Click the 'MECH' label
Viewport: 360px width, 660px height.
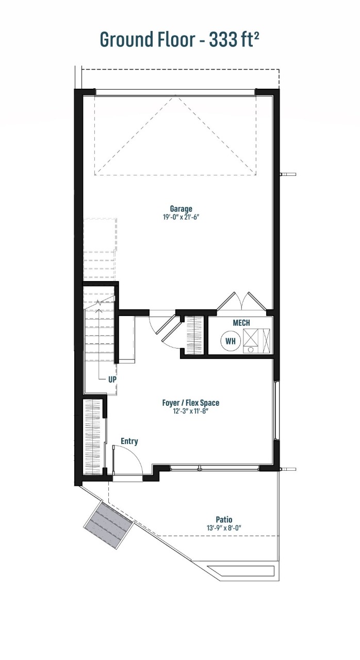click(x=241, y=323)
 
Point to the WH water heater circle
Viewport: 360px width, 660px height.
click(x=230, y=341)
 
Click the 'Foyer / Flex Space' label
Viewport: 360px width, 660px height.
click(x=191, y=403)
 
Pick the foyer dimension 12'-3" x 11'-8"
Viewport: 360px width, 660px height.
click(x=191, y=411)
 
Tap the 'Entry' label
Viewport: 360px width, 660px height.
click(x=129, y=441)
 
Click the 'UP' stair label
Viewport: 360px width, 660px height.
click(x=112, y=379)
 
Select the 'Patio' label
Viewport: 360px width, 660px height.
click(x=224, y=519)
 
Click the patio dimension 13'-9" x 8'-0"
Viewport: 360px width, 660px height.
click(x=224, y=527)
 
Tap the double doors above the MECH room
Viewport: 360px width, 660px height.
click(x=241, y=302)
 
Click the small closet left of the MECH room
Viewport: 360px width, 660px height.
click(x=194, y=335)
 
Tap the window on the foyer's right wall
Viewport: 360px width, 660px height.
click(x=277, y=410)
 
